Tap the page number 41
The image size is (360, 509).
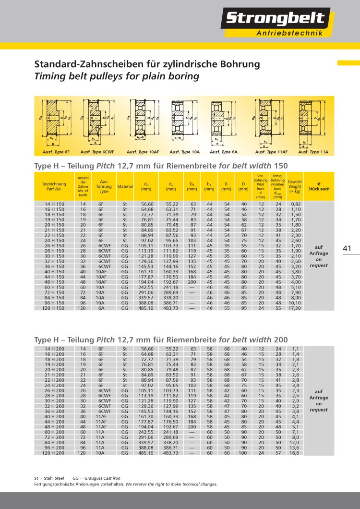click(348, 248)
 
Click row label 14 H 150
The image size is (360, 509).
click(54, 204)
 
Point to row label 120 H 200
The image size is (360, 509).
click(54, 453)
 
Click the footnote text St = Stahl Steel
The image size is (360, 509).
click(49, 479)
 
